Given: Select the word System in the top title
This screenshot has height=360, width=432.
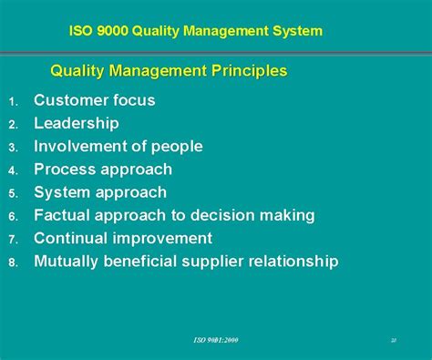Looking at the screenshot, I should pos(296,31).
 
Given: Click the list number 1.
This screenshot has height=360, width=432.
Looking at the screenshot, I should pos(13,101).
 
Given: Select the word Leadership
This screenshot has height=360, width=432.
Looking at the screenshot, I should pos(77,123).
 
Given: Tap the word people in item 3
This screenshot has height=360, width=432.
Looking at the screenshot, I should pos(176,147).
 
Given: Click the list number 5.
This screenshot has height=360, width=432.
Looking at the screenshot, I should pos(13,193).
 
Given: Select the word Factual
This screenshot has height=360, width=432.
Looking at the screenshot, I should pos(64,215).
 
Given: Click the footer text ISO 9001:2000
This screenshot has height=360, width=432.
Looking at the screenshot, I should pos(215,339).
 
